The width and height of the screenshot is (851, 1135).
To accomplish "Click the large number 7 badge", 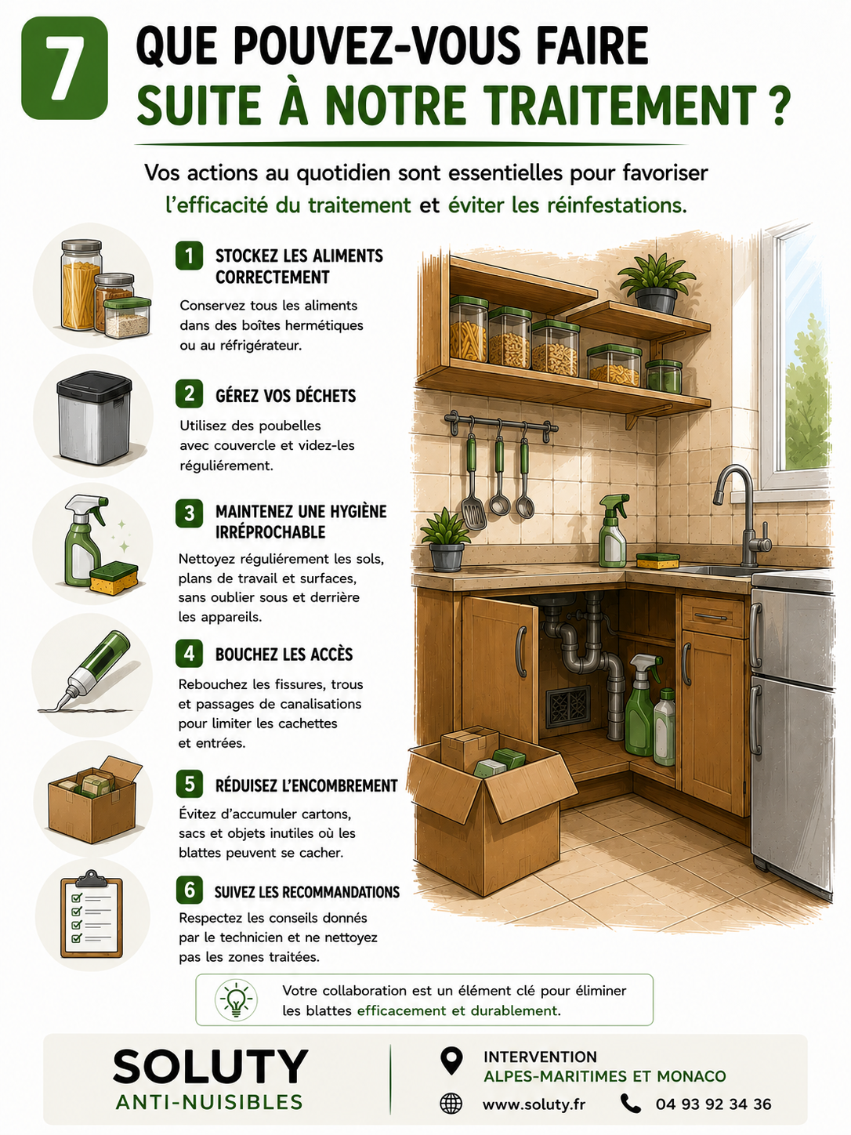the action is tap(64, 67).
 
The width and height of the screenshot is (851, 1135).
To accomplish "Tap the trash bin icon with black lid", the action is tap(94, 418).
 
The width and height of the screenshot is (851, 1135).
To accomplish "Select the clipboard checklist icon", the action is tap(92, 914).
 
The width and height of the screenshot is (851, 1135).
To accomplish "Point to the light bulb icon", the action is tap(236, 999).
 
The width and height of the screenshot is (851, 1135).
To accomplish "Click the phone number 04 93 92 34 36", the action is tap(713, 1104).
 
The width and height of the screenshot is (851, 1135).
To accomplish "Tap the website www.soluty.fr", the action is tap(534, 1104).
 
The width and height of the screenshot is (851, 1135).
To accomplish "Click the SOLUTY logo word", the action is tap(210, 1066).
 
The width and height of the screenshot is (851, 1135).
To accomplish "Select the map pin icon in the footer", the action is tap(451, 1061).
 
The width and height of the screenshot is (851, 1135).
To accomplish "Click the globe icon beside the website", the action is tap(451, 1104).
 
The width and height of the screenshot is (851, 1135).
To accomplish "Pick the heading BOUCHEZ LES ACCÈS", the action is tap(284, 654).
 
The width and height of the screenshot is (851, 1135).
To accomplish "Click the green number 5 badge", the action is tap(189, 784).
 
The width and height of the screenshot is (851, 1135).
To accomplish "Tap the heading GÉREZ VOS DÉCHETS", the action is tap(286, 396).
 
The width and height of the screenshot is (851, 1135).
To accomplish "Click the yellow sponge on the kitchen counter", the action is tap(657, 560).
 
